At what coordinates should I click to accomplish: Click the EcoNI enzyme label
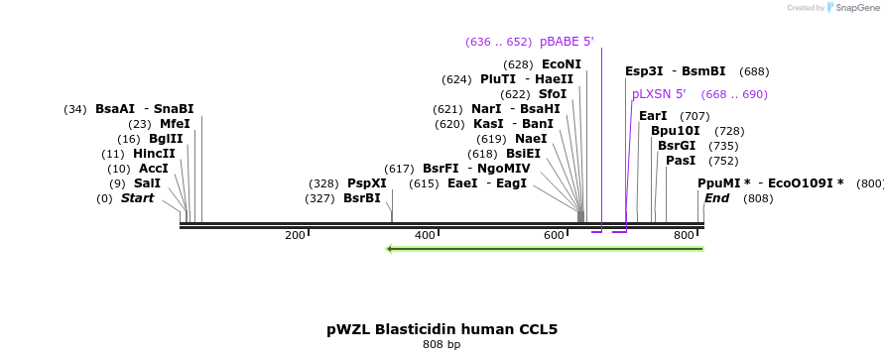[x=561, y=64]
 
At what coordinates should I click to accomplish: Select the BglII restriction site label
[x=166, y=139]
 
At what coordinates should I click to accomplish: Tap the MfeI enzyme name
[x=175, y=124]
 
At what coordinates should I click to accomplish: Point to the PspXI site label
[x=366, y=183]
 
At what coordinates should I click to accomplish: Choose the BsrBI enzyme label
[x=362, y=197]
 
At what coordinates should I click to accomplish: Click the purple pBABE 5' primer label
[x=567, y=41]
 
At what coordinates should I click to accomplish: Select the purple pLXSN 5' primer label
[x=659, y=94]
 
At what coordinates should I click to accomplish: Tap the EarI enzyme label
[x=653, y=116]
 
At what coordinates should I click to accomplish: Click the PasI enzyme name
[x=681, y=161]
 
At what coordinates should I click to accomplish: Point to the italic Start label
[x=137, y=197]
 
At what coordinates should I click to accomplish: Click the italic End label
[x=716, y=197]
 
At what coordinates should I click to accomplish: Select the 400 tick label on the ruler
[x=425, y=235]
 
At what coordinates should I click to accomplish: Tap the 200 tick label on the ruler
[x=295, y=235]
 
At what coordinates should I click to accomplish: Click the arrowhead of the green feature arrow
[x=389, y=249]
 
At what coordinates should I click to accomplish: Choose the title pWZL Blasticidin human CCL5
[x=442, y=329]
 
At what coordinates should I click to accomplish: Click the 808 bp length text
[x=442, y=344]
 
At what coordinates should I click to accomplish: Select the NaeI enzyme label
[x=531, y=139]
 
